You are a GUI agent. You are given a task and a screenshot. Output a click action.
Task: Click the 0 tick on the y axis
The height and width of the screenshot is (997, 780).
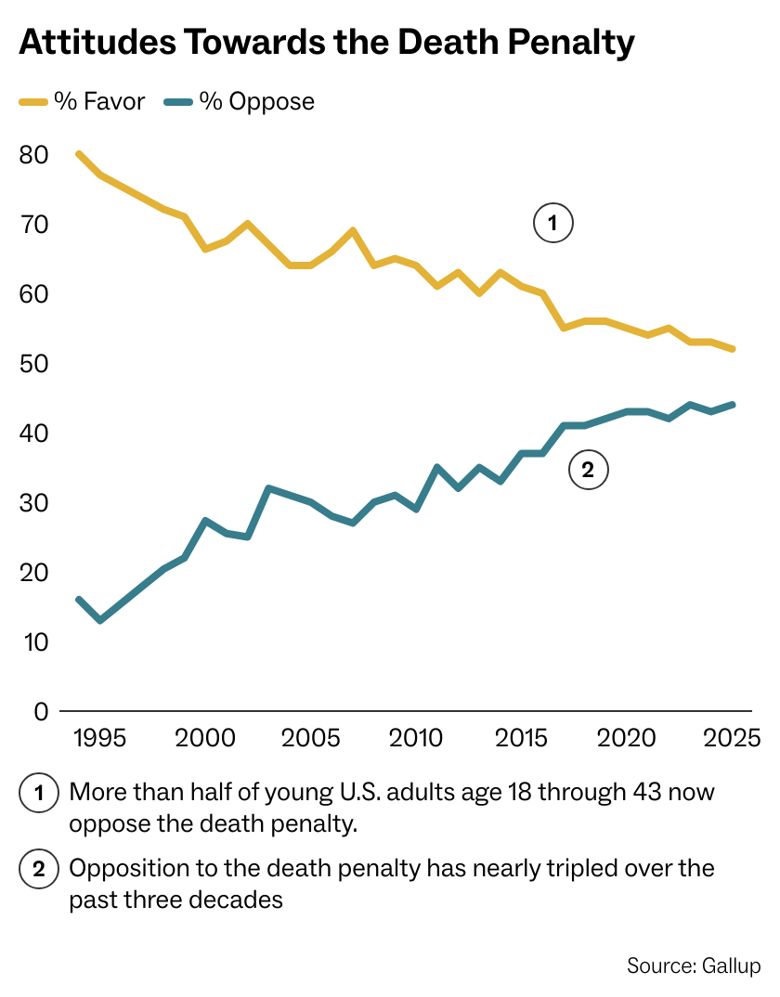(x=40, y=712)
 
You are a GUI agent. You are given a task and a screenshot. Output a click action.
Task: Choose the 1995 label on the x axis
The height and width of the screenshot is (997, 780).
(x=99, y=739)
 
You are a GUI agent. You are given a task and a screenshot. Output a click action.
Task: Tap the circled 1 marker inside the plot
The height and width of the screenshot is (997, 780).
(x=552, y=224)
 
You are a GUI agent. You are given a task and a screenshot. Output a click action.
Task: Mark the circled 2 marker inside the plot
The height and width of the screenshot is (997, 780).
(x=587, y=470)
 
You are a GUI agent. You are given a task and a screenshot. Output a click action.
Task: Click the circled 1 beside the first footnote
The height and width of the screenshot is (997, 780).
(x=39, y=794)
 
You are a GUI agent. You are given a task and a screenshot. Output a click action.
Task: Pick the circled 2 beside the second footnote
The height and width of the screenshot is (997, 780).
(x=39, y=870)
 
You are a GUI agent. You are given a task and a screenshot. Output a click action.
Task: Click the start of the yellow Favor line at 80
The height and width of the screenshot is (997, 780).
(x=79, y=154)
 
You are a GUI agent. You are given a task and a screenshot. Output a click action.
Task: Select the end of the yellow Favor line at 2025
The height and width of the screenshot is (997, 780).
(x=734, y=349)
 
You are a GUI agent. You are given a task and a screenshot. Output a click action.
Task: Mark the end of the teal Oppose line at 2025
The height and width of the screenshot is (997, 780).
(x=734, y=405)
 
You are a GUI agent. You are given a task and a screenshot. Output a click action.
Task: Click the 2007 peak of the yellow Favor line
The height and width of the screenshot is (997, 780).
(x=353, y=230)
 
